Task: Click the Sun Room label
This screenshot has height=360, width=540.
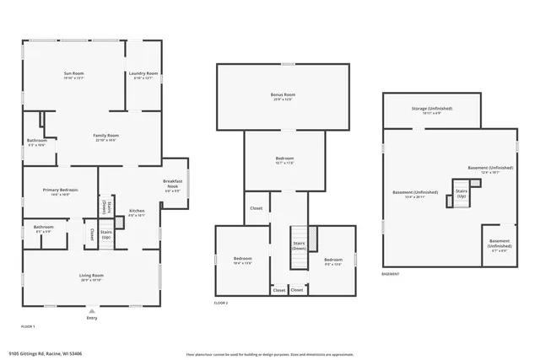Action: click(x=73, y=75)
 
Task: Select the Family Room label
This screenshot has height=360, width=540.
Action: click(x=105, y=137)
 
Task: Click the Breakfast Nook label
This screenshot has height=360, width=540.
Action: click(x=173, y=184)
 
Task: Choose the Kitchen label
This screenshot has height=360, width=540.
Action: click(x=137, y=212)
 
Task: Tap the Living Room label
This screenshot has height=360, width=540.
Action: click(x=91, y=277)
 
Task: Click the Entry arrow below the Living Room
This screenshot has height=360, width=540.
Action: click(x=91, y=311)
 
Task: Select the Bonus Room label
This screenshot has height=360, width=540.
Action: click(x=283, y=96)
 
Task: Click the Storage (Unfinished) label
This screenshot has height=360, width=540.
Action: click(x=431, y=110)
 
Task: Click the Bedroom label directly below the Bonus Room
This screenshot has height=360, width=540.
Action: click(x=284, y=160)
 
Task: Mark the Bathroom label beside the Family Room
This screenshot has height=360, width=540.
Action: click(x=36, y=142)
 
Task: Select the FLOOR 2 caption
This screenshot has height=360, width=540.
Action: click(x=221, y=302)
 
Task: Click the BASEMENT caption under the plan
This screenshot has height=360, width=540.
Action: click(x=391, y=274)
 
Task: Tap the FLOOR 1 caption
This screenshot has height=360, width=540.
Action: click(x=28, y=325)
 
